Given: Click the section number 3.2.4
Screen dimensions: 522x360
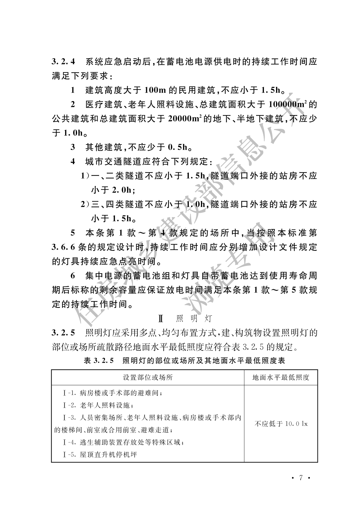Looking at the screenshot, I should (x=63, y=61).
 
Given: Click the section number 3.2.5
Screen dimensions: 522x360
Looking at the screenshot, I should (x=63, y=333).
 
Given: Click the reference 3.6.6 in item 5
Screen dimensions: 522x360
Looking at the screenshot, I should (x=64, y=247).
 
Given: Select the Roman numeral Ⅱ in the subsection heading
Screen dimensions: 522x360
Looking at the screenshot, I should (x=160, y=318).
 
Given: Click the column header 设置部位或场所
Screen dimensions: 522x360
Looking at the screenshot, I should (x=148, y=378).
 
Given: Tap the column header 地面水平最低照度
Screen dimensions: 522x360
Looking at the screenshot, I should (x=281, y=378).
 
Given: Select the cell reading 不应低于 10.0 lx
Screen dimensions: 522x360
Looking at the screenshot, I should (x=281, y=424).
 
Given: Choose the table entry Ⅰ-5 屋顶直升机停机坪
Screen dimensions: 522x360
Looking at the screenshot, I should (x=100, y=455).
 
